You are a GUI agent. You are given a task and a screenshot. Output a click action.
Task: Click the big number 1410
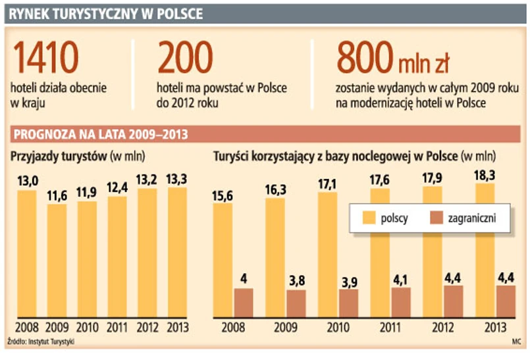[45, 59]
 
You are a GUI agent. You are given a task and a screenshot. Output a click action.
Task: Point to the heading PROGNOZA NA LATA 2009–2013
[99, 135]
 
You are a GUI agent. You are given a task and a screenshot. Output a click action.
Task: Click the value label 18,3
[485, 176]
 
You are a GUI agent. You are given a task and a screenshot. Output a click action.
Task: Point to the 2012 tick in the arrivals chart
[147, 327]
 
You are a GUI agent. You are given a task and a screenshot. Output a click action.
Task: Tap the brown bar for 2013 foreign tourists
[506, 301]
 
